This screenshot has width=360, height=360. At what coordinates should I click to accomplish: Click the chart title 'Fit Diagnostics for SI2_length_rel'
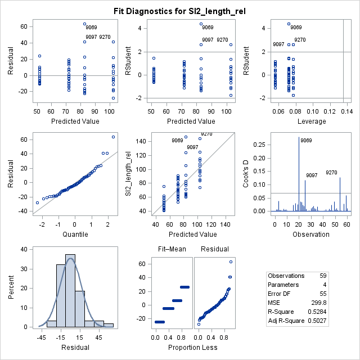[180, 10]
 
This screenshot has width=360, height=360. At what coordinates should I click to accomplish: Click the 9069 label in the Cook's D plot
[306, 141]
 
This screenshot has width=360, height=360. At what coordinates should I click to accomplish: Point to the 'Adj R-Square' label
[286, 320]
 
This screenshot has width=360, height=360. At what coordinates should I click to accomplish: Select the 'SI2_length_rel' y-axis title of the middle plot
[128, 173]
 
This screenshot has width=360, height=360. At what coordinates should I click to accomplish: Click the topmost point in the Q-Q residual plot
[113, 137]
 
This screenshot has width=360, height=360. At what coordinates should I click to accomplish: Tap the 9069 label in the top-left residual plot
[91, 27]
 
